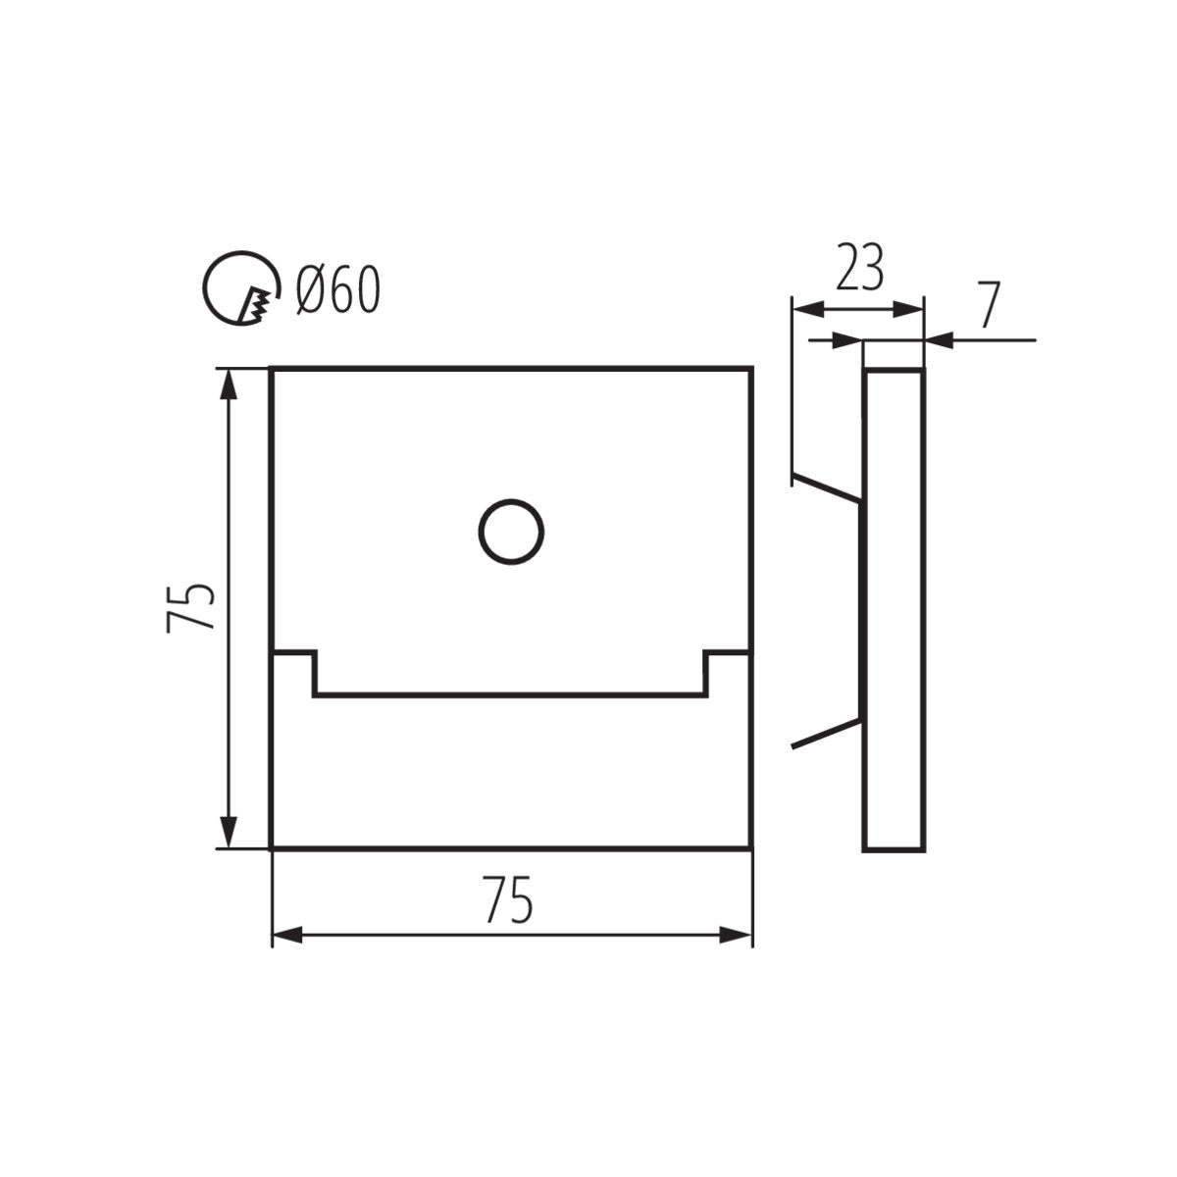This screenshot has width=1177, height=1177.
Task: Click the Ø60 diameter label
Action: pyautogui.click(x=336, y=290)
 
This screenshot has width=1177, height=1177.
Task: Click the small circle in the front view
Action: pyautogui.click(x=511, y=532)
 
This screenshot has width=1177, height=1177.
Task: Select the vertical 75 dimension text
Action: pyautogui.click(x=190, y=607)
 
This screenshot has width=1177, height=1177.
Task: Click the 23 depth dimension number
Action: pyautogui.click(x=859, y=267)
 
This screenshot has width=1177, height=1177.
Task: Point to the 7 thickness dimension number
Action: pyautogui.click(x=988, y=308)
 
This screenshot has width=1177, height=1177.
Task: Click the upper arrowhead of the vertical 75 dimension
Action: pyautogui.click(x=230, y=383)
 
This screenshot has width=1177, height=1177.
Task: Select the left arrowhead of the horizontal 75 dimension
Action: pyautogui.click(x=286, y=935)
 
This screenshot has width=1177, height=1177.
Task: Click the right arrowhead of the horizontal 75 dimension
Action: pyautogui.click(x=737, y=935)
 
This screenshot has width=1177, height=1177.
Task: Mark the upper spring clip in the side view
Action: pyautogui.click(x=826, y=488)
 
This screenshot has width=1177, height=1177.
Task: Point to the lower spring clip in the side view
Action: pyautogui.click(x=826, y=736)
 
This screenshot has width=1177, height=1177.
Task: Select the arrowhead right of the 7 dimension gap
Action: pyautogui.click(x=940, y=340)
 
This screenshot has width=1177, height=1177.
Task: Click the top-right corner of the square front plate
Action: pyautogui.click(x=751, y=368)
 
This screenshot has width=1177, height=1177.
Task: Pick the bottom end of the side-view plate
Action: pyautogui.click(x=893, y=848)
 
